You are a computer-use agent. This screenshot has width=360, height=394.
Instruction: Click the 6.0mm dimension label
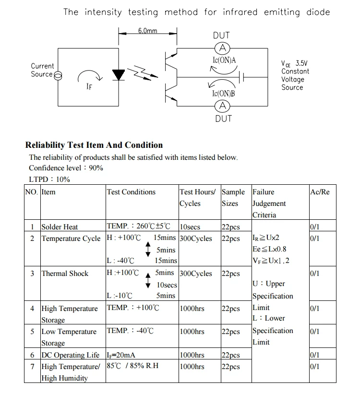pyautogui.click(x=147, y=31)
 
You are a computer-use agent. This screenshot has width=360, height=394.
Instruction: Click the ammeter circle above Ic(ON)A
pyautogui.click(x=222, y=48)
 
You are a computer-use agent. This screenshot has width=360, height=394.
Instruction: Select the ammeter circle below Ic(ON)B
pyautogui.click(x=222, y=106)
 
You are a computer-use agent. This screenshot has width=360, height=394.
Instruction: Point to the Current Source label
pyautogui.click(x=42, y=70)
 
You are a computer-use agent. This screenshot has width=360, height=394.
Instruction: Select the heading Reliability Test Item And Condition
pyautogui.click(x=94, y=145)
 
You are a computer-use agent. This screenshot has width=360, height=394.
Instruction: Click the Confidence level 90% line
pyautogui.click(x=66, y=168)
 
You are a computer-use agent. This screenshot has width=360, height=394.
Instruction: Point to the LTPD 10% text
pyautogui.click(x=49, y=179)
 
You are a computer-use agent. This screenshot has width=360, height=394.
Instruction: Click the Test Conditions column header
pyautogui.click(x=131, y=192)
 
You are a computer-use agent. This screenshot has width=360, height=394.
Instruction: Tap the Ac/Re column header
pyautogui.click(x=320, y=192)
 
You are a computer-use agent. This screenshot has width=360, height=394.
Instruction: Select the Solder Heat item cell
pyautogui.click(x=60, y=227)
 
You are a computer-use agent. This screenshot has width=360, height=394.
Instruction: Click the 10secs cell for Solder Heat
pyautogui.click(x=190, y=227)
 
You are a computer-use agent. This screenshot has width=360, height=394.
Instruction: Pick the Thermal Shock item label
pyautogui.click(x=65, y=274)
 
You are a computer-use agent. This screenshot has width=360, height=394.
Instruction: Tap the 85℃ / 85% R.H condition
pyautogui.click(x=132, y=367)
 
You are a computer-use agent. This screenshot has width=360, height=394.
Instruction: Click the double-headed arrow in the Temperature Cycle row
pyautogui.click(x=148, y=250)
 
